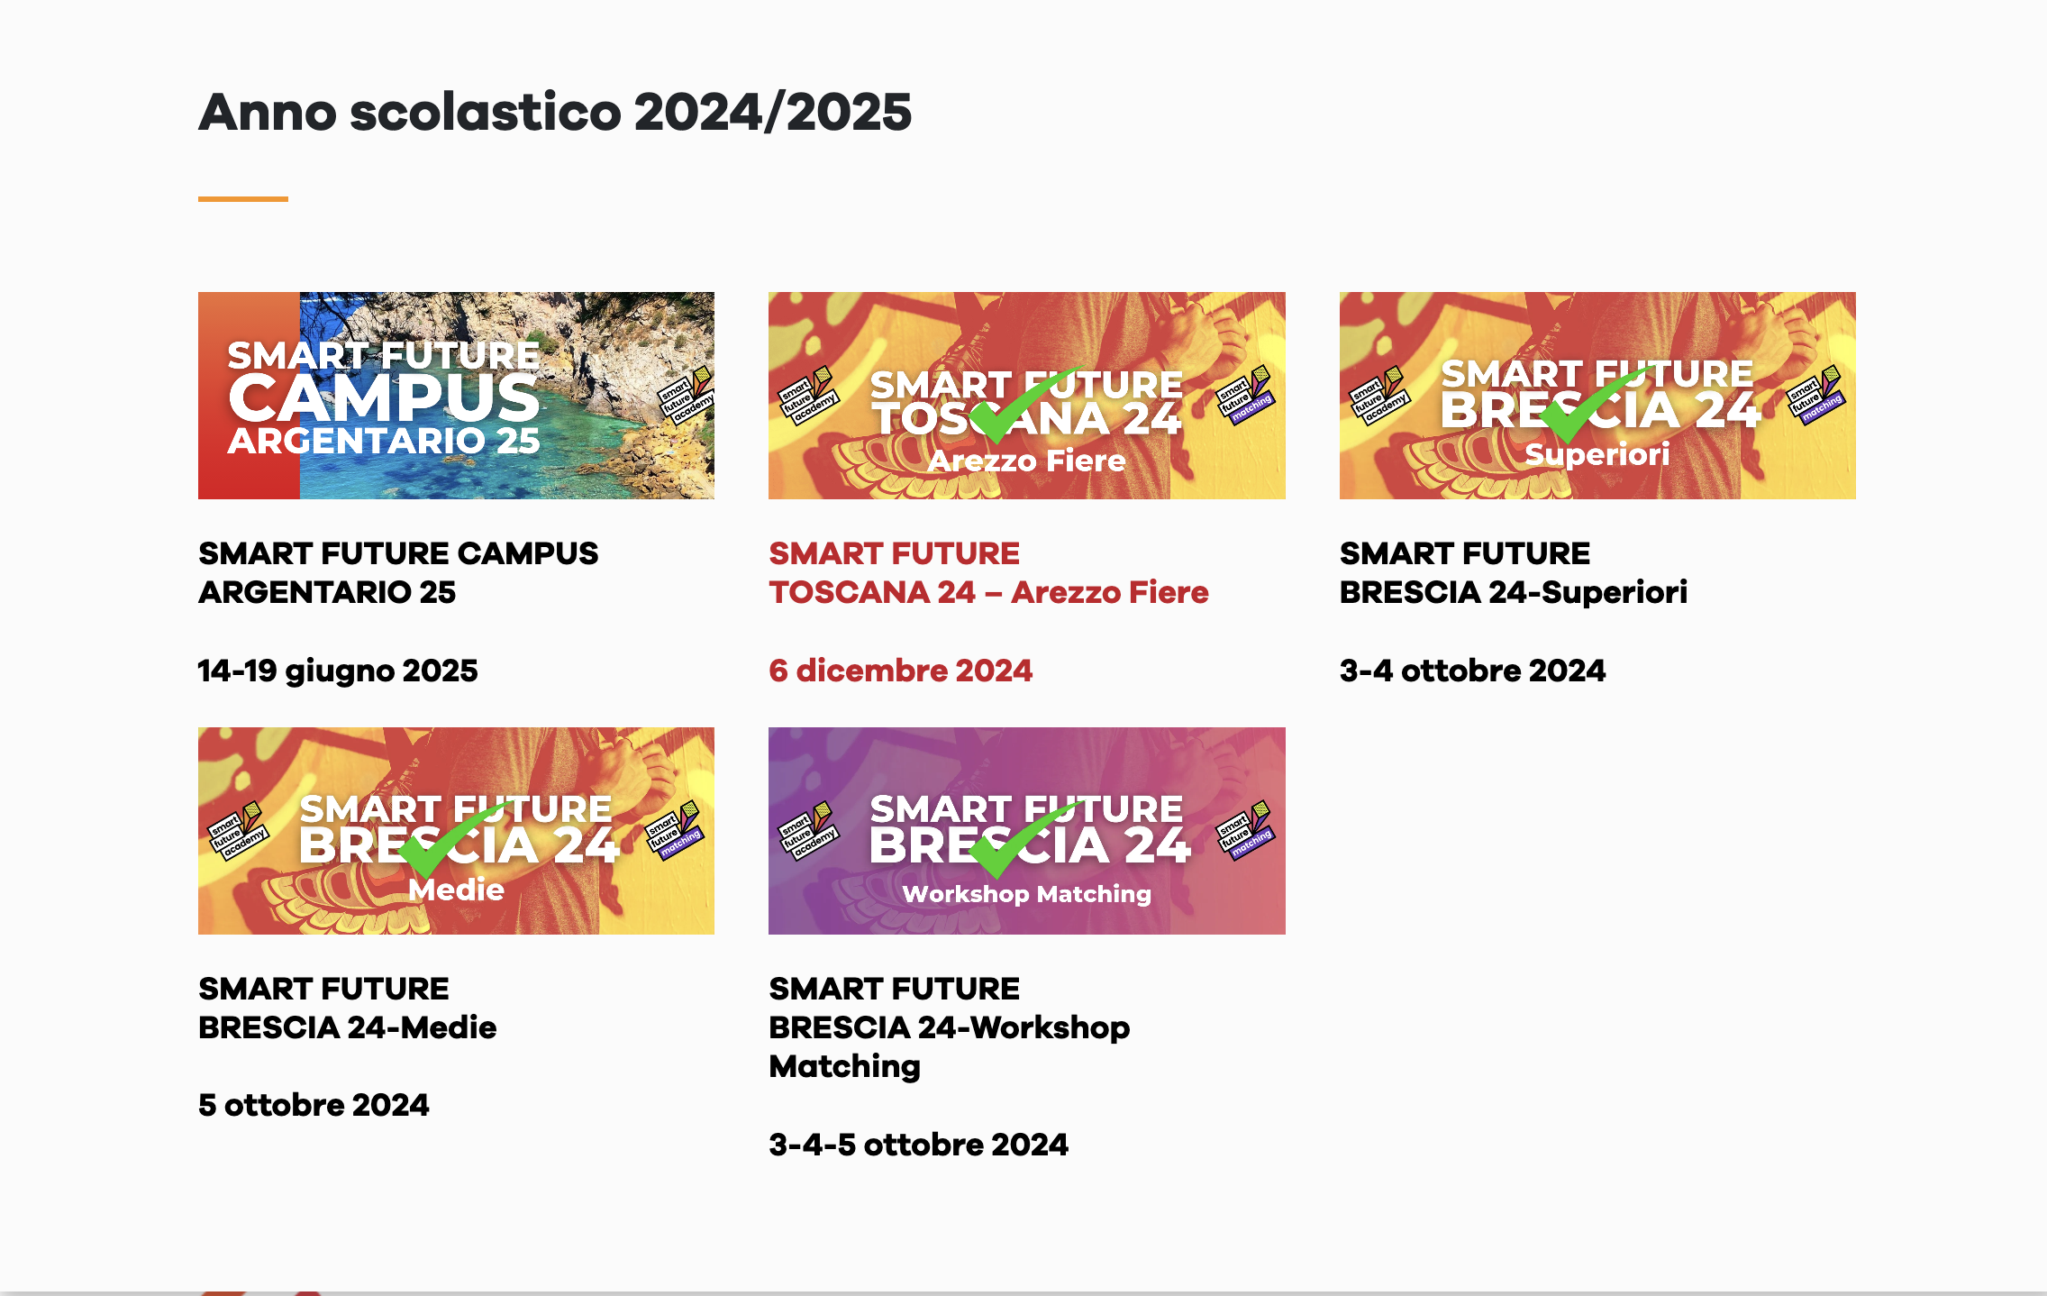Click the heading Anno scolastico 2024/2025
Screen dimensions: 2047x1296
pos(555,113)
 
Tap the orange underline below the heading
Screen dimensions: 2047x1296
pos(243,199)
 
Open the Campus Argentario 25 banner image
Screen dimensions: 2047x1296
pos(456,396)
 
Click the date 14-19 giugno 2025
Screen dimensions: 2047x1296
pos(338,671)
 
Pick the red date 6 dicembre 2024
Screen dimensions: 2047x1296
pos(900,671)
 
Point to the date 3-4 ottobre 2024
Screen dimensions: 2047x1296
pos(1472,671)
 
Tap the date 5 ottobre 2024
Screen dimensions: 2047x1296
pos(314,1105)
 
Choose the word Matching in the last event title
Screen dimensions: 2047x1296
pos(844,1066)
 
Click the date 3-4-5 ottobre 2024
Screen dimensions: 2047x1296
pos(918,1145)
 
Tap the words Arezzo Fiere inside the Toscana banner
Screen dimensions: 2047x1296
pos(1027,461)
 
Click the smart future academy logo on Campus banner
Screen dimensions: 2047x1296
pos(686,395)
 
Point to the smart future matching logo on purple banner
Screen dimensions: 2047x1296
pos(1245,829)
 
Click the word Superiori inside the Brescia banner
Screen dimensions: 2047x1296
pos(1597,453)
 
